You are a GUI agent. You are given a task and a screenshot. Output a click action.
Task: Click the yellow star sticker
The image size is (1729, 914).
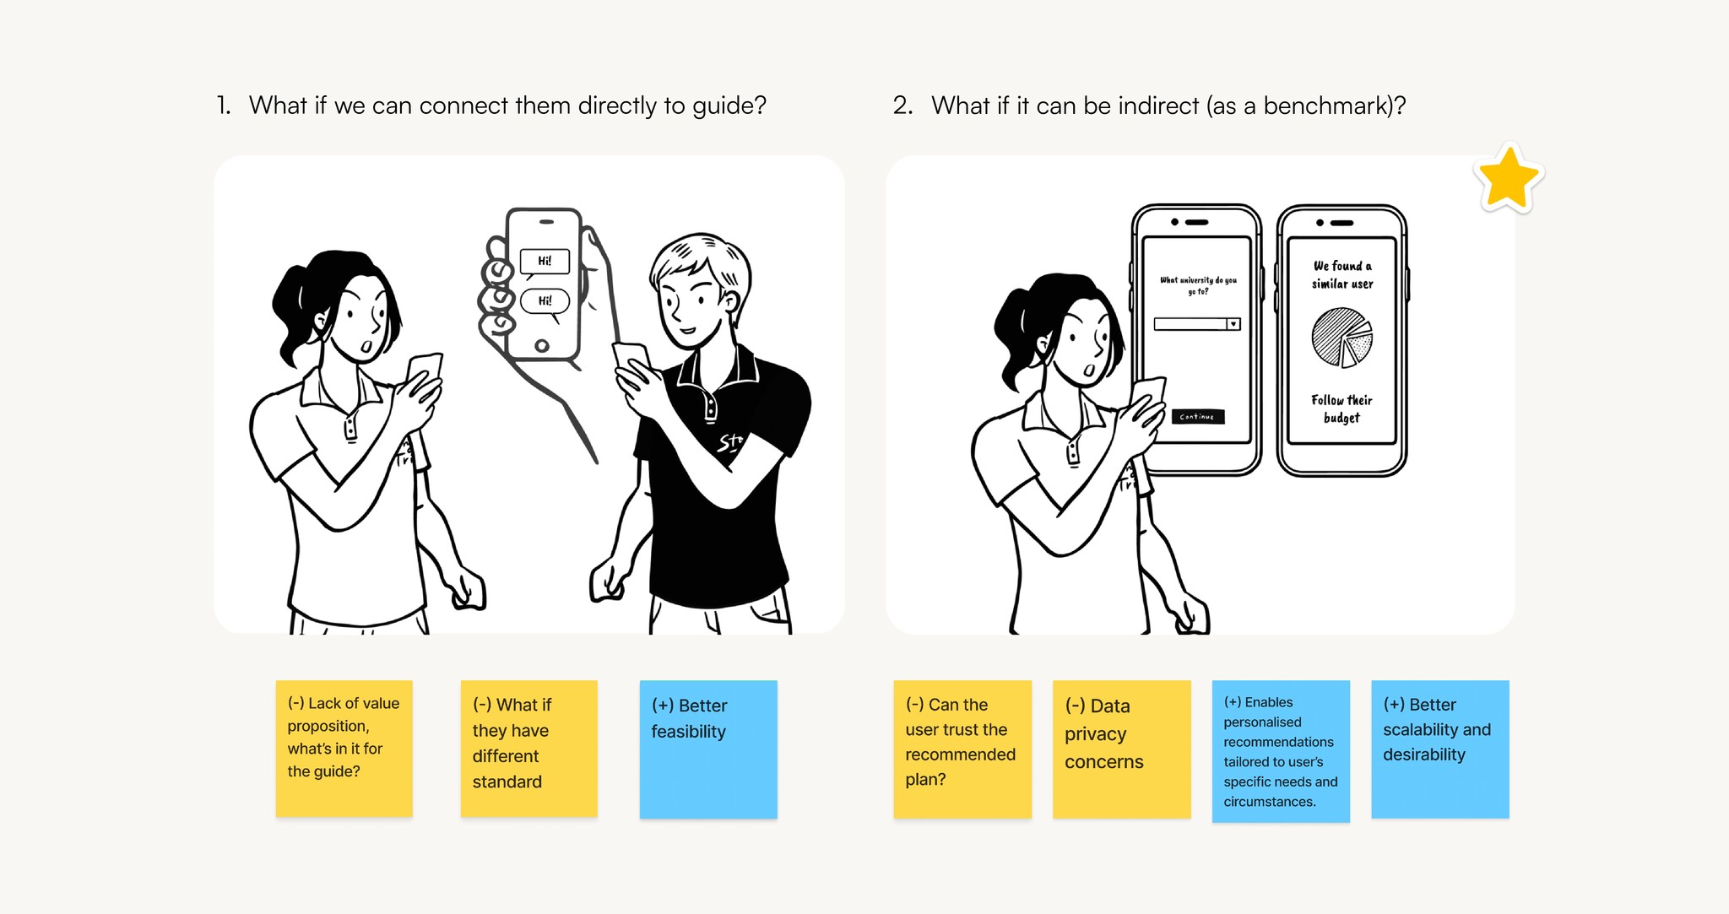[x=1508, y=178]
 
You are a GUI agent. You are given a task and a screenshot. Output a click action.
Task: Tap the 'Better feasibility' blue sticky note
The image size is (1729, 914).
[x=707, y=749]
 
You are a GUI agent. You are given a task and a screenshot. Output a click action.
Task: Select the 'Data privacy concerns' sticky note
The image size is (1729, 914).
[x=1121, y=749]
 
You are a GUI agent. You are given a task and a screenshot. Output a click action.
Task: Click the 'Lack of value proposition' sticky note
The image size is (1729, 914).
[x=344, y=748]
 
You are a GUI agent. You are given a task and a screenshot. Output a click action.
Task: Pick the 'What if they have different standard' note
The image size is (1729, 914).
[x=528, y=748]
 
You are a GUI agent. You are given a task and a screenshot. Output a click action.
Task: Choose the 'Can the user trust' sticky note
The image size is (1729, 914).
[x=962, y=749]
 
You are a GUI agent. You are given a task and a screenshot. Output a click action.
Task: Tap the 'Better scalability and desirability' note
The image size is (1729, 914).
[x=1439, y=749]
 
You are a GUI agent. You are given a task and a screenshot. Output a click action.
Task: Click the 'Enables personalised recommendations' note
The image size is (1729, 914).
[x=1280, y=750]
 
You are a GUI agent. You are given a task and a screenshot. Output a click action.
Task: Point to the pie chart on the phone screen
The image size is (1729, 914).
[x=1341, y=337]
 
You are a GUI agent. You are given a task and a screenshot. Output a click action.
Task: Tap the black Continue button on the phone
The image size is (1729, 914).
[x=1197, y=416]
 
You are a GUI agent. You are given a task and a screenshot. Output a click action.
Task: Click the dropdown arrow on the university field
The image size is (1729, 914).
[x=1233, y=324]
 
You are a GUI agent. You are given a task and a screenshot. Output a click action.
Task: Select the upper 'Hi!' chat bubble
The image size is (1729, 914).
[x=545, y=262]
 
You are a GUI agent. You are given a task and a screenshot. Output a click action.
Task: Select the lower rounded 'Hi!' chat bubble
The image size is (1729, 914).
[x=545, y=300]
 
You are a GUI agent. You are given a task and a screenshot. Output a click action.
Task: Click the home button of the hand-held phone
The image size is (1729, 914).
[x=542, y=345]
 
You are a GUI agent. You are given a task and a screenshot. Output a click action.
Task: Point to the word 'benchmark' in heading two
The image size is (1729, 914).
[x=1326, y=106]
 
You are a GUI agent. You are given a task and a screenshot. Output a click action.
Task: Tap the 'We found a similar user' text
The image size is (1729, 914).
[x=1341, y=275]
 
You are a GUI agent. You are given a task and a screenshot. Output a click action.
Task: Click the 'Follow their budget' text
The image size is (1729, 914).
[x=1341, y=408]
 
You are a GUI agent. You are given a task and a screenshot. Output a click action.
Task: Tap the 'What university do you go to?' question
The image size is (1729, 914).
[x=1197, y=285]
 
